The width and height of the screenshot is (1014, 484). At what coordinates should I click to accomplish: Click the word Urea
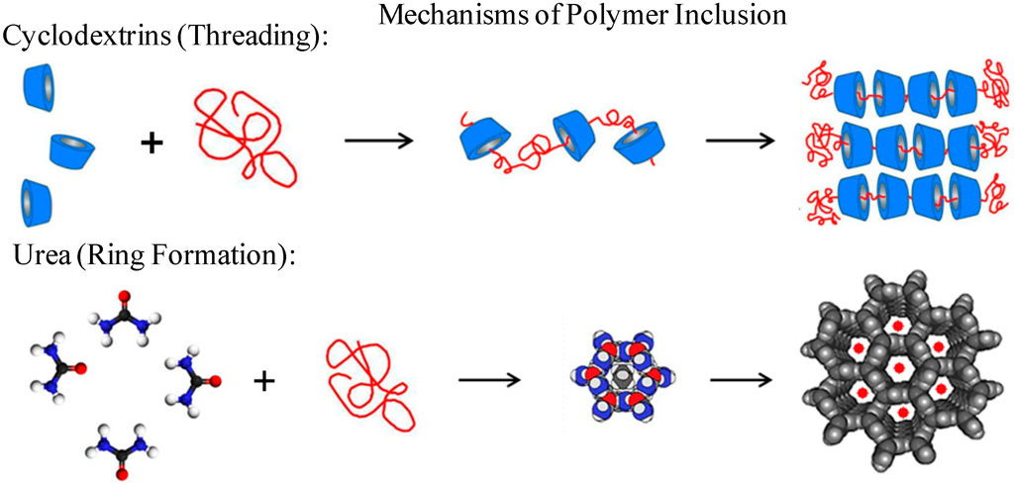point(43,255)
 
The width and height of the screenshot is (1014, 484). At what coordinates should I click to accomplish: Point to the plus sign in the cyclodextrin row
point(152,144)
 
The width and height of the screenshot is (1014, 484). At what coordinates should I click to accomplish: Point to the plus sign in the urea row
point(263,381)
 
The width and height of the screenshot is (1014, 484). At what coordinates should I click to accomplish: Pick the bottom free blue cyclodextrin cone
point(36,203)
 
